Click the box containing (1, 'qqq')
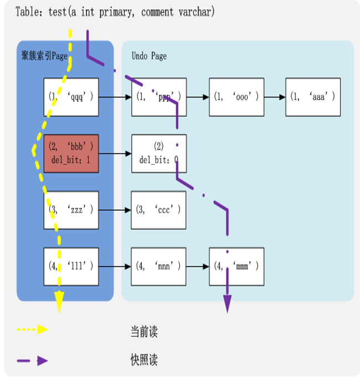coord(71,97)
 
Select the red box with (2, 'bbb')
coord(71,153)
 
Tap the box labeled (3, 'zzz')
coord(71,210)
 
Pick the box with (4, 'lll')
coord(71,266)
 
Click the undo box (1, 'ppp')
coord(159,97)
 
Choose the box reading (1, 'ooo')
coord(236,97)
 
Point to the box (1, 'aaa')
coord(313,97)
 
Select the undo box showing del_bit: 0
coord(159,153)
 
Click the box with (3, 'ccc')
coord(159,210)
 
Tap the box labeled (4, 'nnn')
coord(159,266)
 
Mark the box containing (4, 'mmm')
coord(236,266)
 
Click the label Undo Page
coord(149,56)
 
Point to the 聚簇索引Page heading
coord(44,56)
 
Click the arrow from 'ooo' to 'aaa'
coord(275,97)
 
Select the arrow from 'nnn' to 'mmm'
coord(198,266)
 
